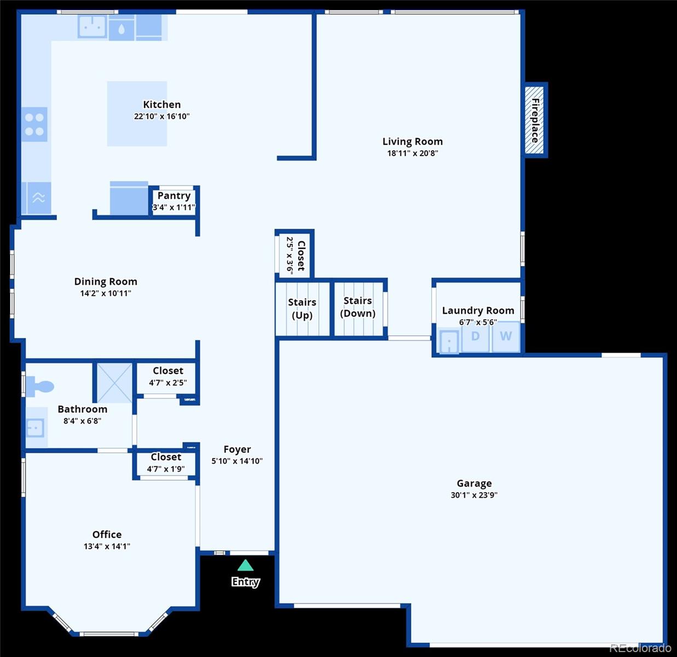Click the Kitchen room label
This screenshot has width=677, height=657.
(162, 105)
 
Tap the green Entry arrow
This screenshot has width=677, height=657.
(245, 566)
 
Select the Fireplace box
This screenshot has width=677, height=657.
(535, 120)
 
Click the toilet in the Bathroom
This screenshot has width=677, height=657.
(40, 386)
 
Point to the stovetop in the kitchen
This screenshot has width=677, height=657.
(35, 124)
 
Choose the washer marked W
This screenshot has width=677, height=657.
(506, 337)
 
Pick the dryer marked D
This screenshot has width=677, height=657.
(475, 337)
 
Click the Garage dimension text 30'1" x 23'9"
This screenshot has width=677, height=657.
(474, 495)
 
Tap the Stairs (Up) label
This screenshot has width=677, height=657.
(302, 309)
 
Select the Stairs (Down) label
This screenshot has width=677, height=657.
(358, 307)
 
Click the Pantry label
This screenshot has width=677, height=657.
(174, 196)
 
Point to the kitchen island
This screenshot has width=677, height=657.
(137, 114)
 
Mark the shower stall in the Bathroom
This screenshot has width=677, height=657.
(114, 382)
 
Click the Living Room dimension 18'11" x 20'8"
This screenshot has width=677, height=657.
(412, 153)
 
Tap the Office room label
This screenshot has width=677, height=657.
(107, 534)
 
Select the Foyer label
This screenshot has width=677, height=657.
(237, 449)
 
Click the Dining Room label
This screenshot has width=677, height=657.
(106, 281)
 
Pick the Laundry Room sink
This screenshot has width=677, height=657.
(449, 342)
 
